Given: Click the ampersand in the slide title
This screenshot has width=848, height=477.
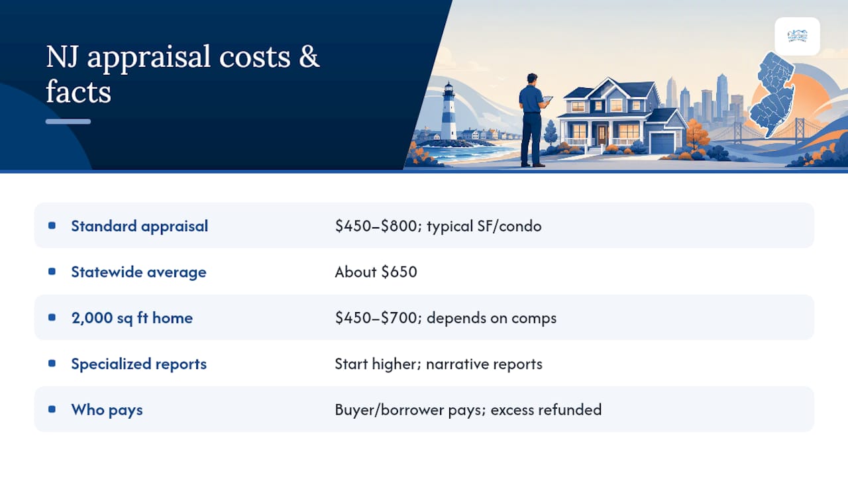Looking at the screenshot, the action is pos(309,57).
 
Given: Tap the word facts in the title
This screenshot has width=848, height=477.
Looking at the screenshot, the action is pos(78,91).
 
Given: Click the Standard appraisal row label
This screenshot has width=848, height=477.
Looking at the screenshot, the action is pos(139,226).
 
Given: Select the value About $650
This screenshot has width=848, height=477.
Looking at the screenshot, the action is pos(376,272).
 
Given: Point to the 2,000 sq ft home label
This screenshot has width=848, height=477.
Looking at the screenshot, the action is pos(132,317).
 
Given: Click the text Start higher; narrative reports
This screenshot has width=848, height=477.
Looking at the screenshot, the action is pos(439,364).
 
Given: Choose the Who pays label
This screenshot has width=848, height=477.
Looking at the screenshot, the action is pos(107,409).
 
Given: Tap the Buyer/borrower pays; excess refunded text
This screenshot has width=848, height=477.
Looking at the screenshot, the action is pos(468,409).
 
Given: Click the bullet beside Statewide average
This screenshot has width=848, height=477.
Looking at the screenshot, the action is pos(52,272).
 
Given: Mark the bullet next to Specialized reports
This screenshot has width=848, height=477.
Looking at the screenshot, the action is pos(52,364).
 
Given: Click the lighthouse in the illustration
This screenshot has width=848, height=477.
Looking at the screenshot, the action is pos(449,112).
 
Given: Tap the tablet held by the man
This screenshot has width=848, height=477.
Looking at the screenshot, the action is pos(547,99).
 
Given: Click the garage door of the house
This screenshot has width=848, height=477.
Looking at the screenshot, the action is pos(662,143).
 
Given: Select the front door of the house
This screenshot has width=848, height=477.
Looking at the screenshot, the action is pos(602,134).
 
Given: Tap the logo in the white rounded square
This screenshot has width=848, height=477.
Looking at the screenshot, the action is pos(797,36).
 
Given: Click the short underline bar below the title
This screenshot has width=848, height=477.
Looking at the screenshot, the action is pos(68,121).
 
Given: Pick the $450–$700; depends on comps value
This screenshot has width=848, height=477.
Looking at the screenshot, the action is pos(446,317).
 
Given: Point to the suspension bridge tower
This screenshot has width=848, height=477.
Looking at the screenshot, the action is pos(800,129).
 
